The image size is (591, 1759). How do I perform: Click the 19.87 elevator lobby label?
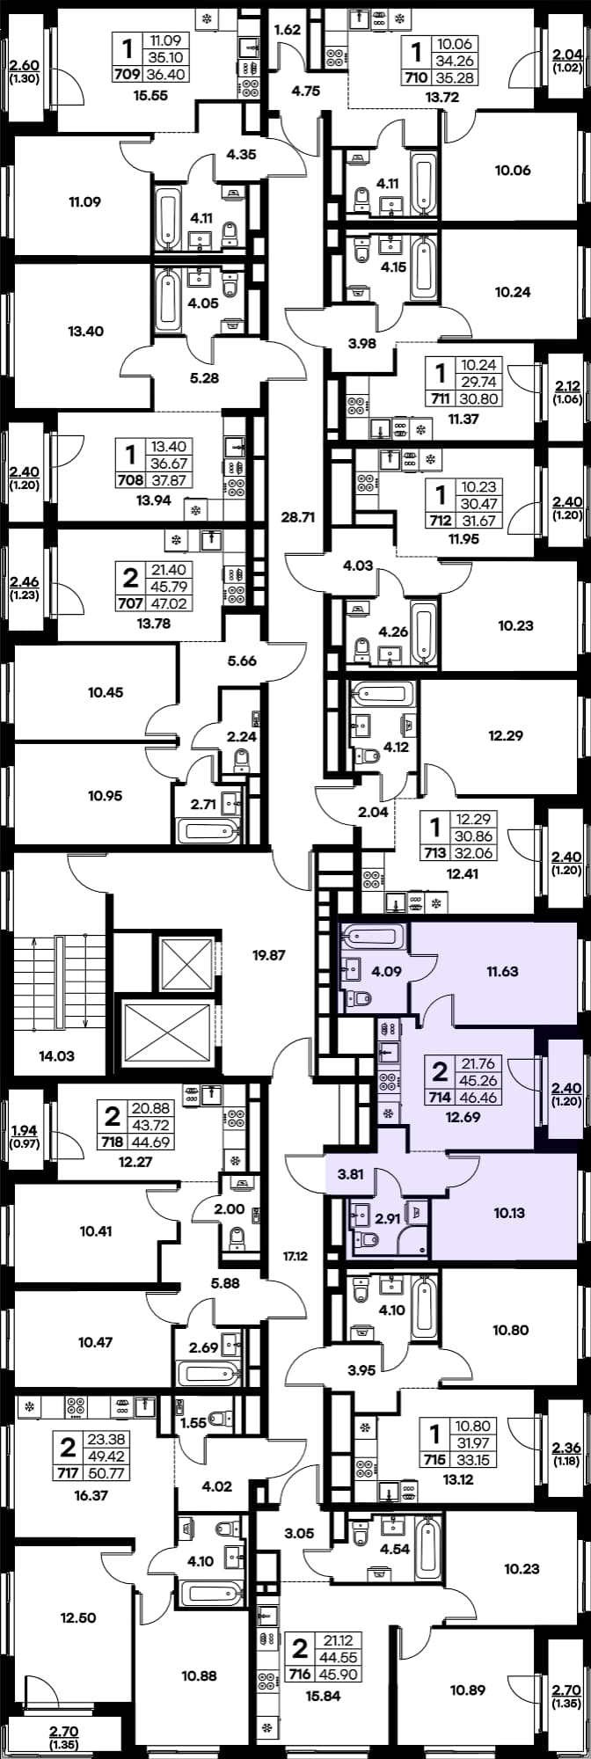(x=269, y=954)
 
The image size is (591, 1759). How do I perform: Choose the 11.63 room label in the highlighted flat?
(x=502, y=972)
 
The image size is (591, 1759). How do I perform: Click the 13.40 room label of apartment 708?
(x=85, y=332)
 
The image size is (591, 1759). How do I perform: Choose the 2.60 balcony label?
(x=24, y=64)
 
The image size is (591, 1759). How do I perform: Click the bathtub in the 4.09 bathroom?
(x=374, y=936)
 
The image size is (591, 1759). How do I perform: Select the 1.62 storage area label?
(x=288, y=30)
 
